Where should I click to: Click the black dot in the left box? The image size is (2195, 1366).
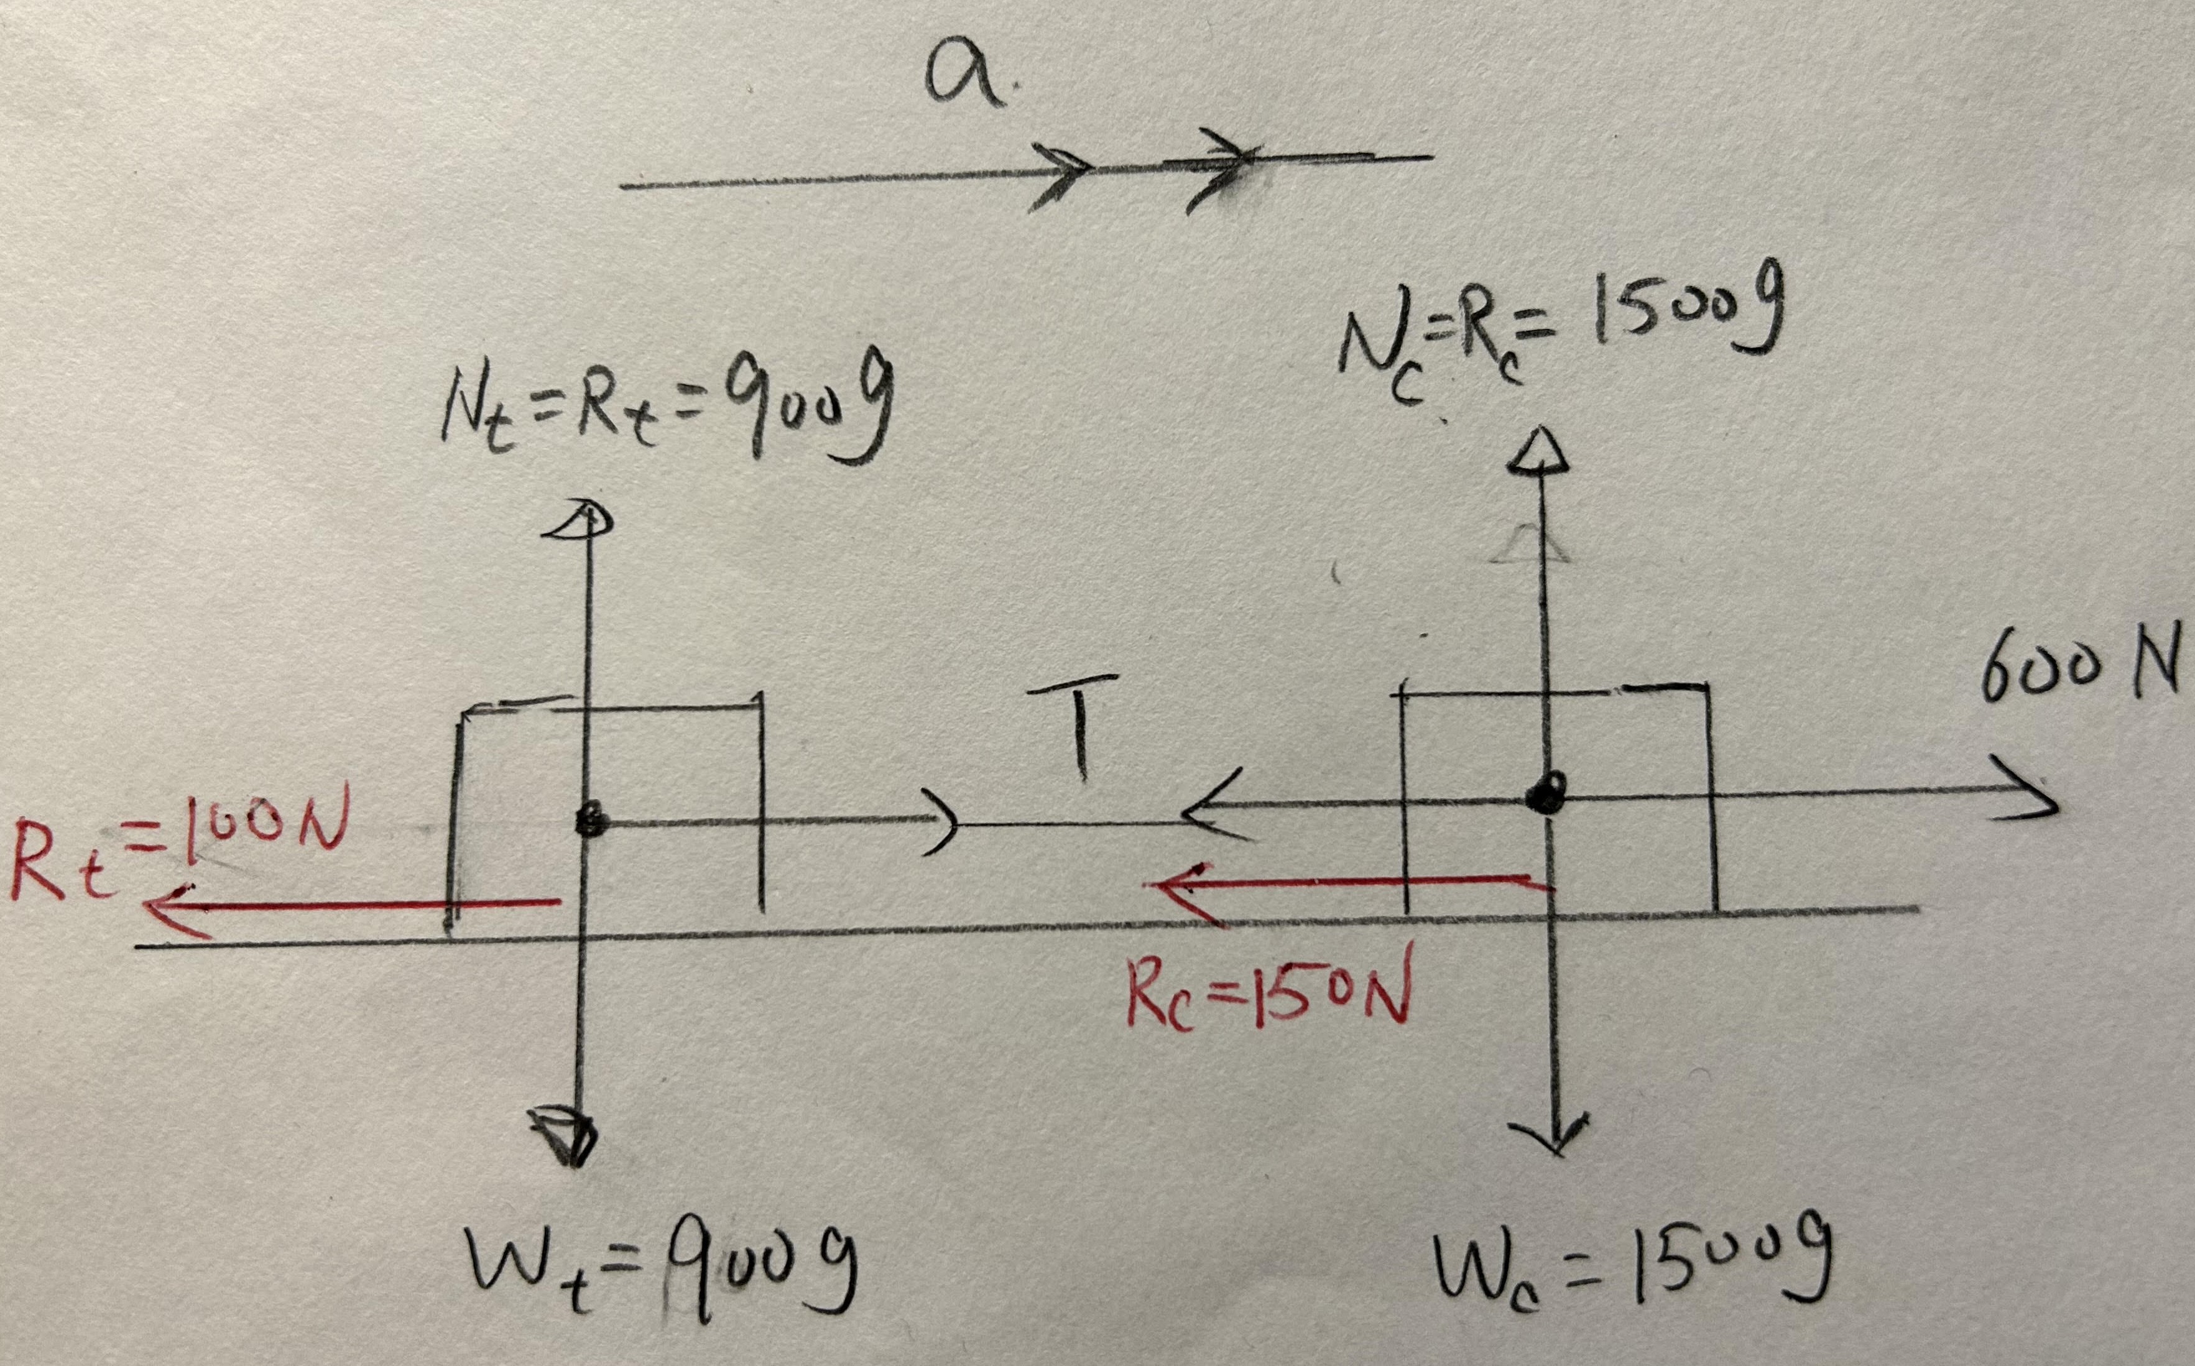click(592, 822)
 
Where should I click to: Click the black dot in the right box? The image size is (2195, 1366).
click(1546, 795)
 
